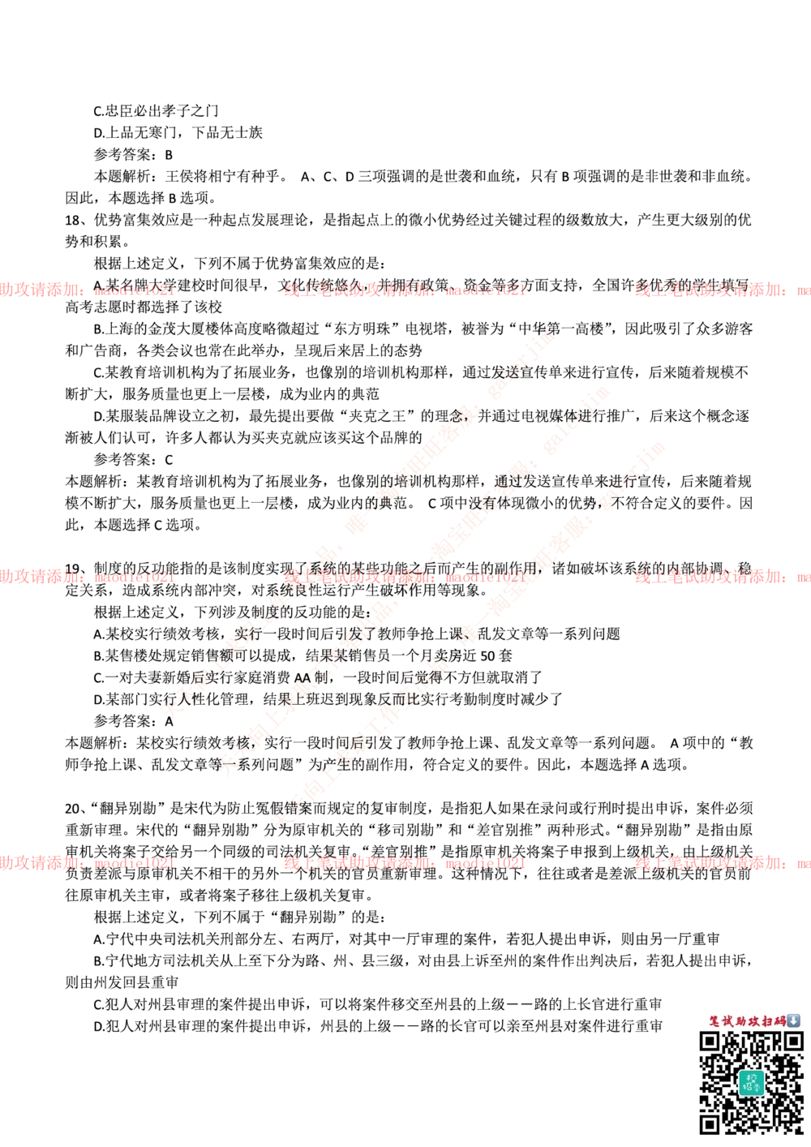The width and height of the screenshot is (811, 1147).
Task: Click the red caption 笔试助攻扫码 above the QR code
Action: tap(747, 1020)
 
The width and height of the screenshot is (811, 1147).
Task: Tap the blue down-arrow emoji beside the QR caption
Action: tap(794, 1020)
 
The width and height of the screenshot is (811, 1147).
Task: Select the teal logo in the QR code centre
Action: tap(751, 1082)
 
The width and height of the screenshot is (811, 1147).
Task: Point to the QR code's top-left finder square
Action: tap(710, 1042)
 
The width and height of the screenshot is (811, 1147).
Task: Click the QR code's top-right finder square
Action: tap(792, 1042)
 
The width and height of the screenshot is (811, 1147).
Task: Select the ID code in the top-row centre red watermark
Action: tap(484, 288)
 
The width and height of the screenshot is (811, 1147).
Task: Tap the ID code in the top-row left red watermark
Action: tap(133, 289)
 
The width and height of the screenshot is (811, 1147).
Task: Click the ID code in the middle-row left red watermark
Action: tap(133, 578)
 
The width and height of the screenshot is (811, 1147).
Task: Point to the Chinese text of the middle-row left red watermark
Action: tap(41, 577)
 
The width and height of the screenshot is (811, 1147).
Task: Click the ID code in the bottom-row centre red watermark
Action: tap(484, 863)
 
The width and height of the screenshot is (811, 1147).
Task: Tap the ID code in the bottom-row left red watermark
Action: tap(133, 863)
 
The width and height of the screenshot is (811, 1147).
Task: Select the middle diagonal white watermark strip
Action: tap(414, 580)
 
